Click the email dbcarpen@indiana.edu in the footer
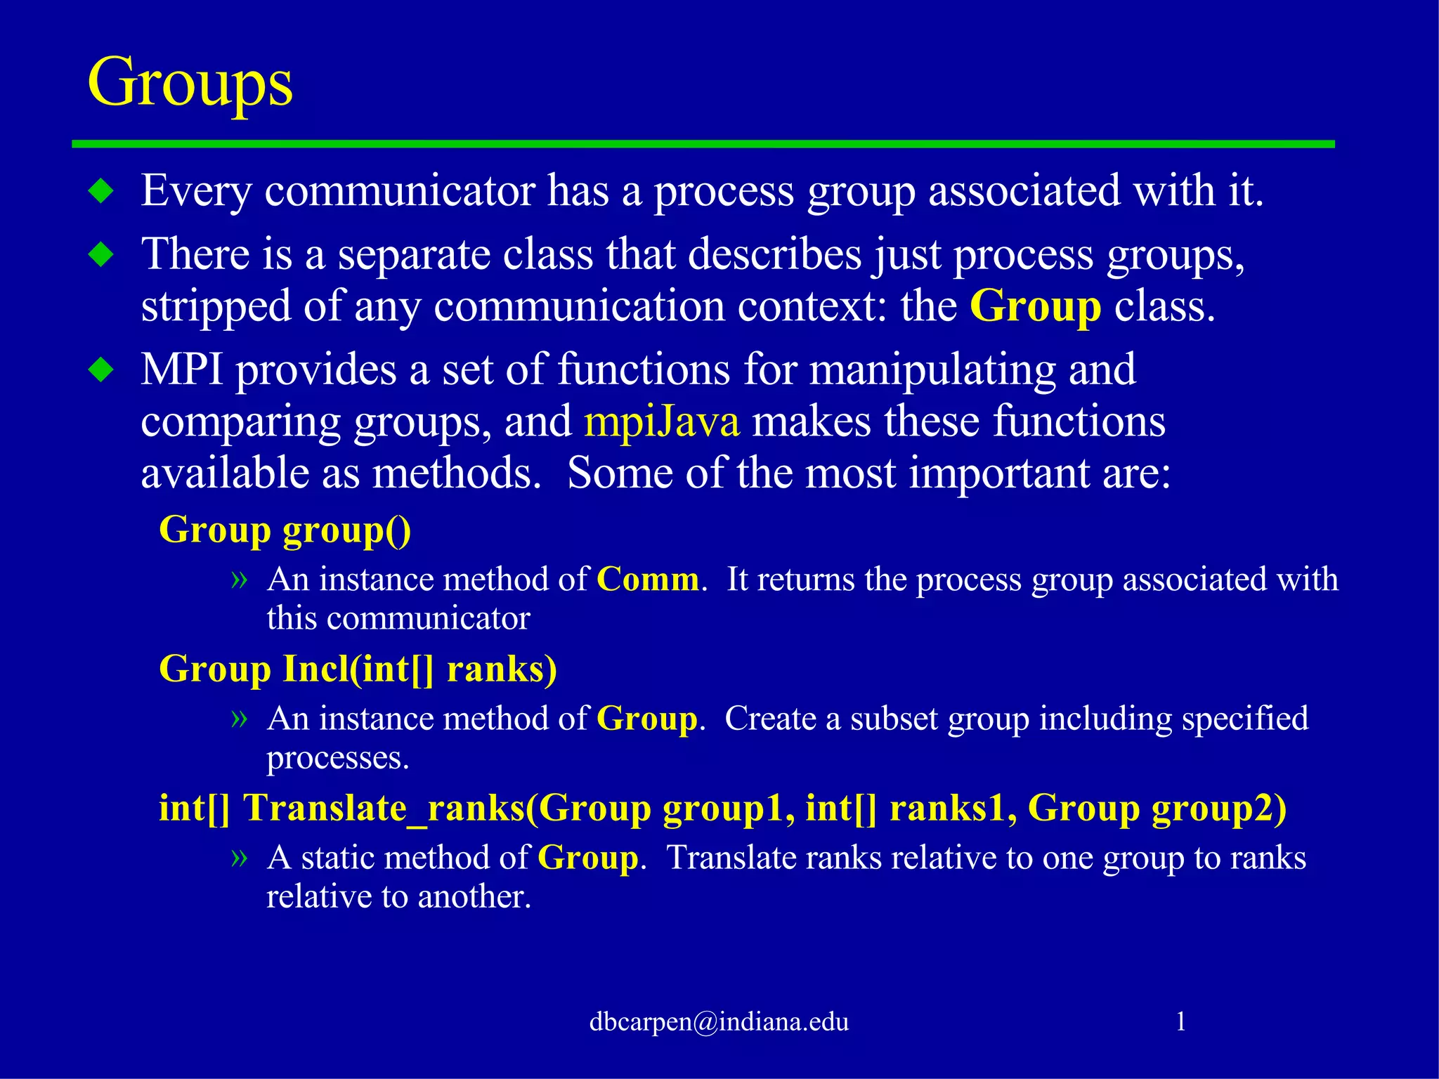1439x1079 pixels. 719,1021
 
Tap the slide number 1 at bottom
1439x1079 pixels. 1181,1021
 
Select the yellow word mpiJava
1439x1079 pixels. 661,421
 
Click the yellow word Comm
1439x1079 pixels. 647,580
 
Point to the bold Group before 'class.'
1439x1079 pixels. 1035,306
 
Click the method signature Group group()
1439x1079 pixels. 285,530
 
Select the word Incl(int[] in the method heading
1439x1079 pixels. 358,668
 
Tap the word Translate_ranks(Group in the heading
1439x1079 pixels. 447,808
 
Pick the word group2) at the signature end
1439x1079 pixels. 1218,808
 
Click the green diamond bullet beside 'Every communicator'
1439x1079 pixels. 102,191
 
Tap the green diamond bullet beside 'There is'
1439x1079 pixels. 102,254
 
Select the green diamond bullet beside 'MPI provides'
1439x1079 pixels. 102,370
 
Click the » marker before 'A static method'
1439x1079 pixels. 240,857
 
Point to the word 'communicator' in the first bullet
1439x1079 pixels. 399,191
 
